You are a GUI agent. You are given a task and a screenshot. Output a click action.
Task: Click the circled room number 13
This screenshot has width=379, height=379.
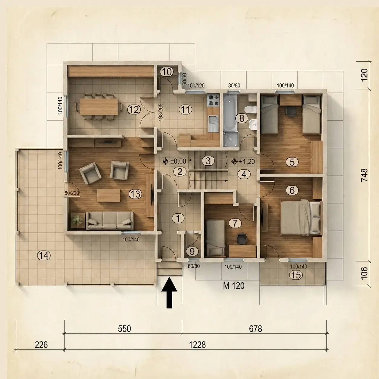click(x=135, y=194)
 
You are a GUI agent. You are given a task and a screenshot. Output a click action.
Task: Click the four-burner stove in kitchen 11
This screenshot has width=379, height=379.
click(x=213, y=100)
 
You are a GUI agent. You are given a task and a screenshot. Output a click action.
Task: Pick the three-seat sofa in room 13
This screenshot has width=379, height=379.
click(x=110, y=221)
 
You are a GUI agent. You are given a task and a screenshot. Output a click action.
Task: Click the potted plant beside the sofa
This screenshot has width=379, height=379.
click(x=78, y=220)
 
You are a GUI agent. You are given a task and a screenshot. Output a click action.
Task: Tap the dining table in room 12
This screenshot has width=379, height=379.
click(x=99, y=106)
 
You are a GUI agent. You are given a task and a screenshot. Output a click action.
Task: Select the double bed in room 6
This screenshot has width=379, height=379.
click(x=301, y=217)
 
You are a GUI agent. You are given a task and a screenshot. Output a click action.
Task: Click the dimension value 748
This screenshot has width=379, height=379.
click(x=364, y=175)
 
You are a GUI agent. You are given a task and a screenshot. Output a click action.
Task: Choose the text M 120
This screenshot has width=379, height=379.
click(x=234, y=286)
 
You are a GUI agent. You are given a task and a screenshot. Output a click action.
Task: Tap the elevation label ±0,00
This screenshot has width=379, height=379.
click(x=178, y=161)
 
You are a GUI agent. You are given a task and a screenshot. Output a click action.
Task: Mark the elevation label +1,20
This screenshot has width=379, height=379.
click(x=247, y=161)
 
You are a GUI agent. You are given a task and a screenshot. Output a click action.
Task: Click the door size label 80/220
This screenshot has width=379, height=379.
click(x=72, y=193)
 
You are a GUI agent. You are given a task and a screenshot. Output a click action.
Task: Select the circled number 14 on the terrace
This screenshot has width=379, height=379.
click(x=44, y=255)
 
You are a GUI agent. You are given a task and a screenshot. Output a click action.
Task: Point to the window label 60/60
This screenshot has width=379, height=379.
click(x=184, y=79)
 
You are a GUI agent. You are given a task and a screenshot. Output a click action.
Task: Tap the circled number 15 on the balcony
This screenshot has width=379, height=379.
click(x=296, y=275)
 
